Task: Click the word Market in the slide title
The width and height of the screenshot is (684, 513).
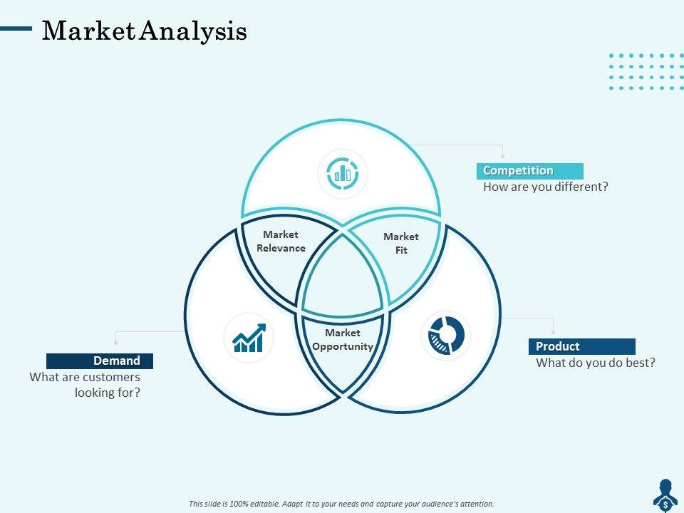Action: (x=88, y=31)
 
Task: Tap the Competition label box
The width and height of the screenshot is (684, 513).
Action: (x=529, y=171)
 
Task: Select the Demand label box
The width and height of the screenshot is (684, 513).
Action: (x=100, y=361)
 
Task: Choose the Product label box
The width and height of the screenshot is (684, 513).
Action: (x=581, y=346)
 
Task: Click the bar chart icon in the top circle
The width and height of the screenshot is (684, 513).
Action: (x=342, y=172)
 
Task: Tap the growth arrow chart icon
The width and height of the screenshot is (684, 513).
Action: (x=249, y=338)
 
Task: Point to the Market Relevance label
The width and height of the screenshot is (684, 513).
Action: (x=281, y=242)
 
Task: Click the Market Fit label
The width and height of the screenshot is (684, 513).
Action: (x=401, y=243)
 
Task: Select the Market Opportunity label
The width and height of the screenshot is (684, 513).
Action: (x=343, y=340)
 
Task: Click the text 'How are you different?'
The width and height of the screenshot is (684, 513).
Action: (x=546, y=187)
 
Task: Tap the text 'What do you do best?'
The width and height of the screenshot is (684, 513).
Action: (x=595, y=363)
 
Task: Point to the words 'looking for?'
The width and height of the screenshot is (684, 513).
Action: (x=107, y=392)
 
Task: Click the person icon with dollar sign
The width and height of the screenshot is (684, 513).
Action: (x=665, y=494)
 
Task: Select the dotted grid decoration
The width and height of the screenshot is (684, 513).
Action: (x=646, y=71)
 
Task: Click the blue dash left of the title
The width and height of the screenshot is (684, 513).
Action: (x=16, y=29)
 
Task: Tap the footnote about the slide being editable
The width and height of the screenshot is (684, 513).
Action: (x=341, y=504)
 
